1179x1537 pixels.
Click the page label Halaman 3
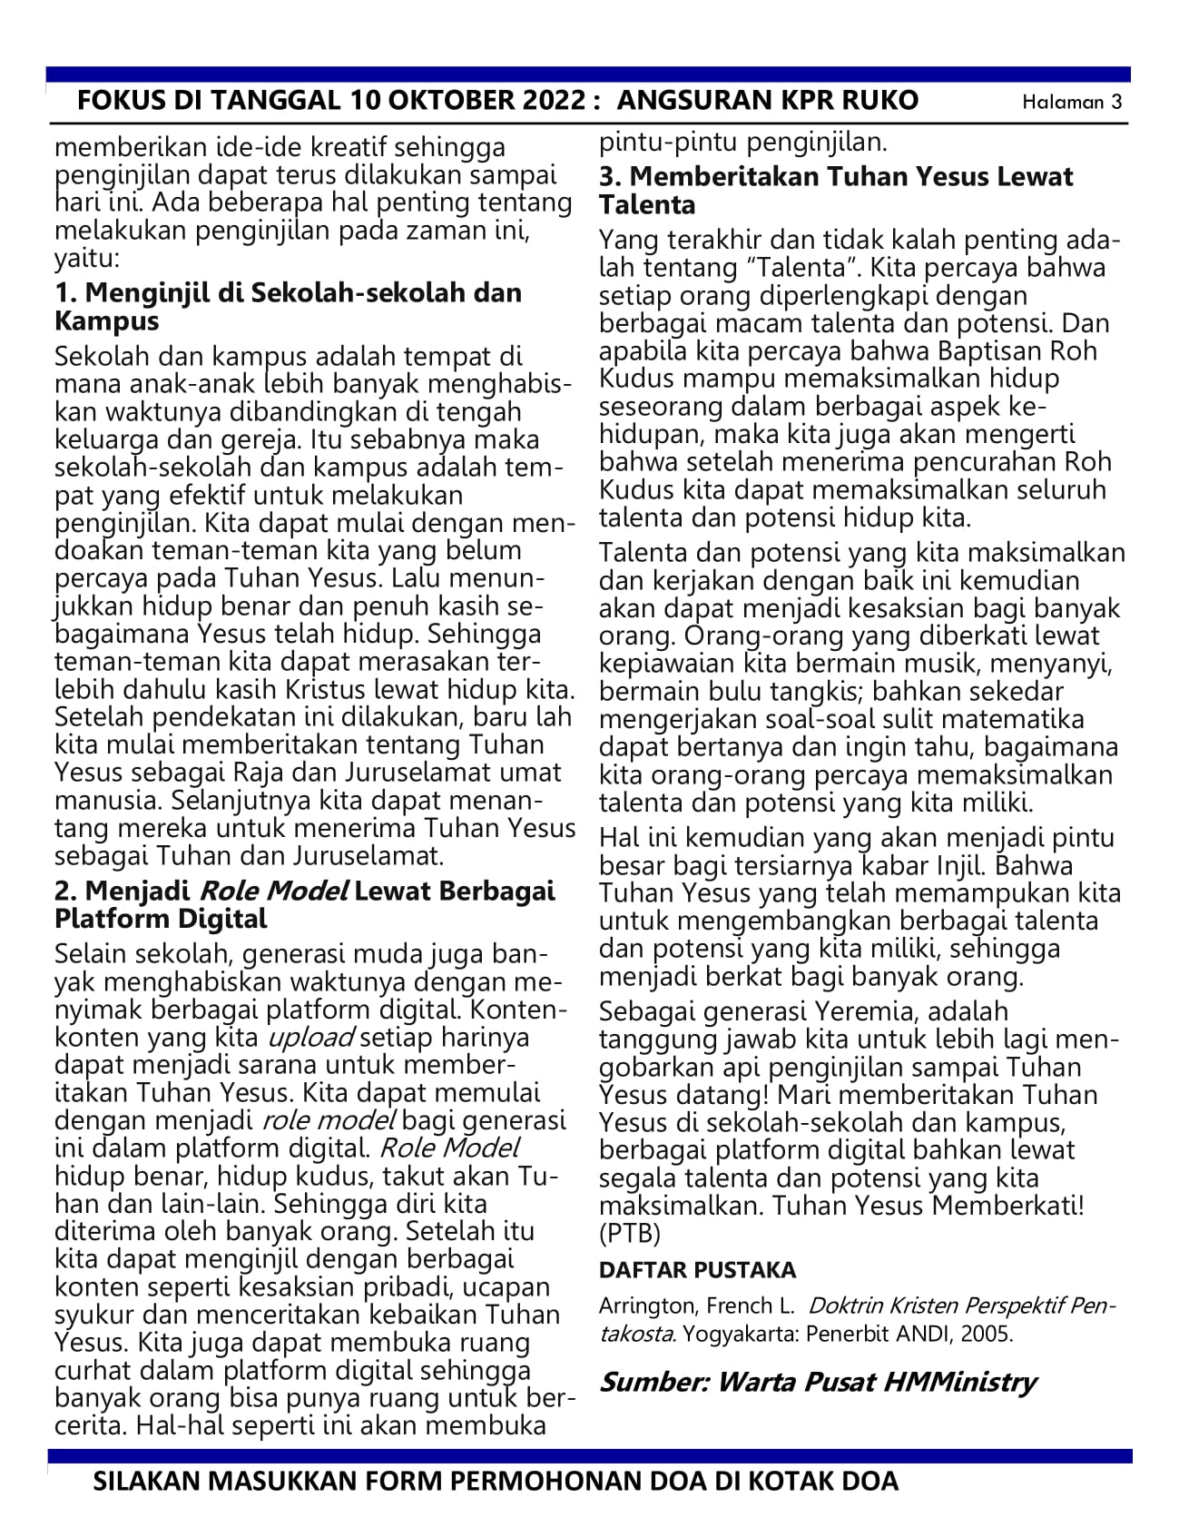1072,102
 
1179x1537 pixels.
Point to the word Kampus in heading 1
106,321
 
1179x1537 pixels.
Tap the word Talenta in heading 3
647,205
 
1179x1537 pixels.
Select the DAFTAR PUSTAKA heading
697,1269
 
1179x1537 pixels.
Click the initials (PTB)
630,1234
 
